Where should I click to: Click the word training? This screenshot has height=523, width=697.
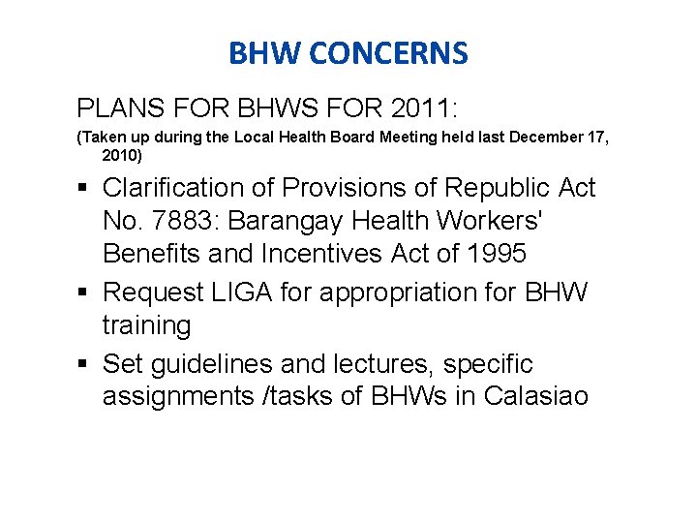147,326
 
